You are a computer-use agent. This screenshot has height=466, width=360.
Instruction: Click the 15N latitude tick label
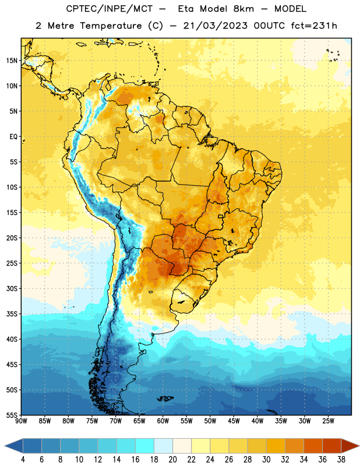click(12, 61)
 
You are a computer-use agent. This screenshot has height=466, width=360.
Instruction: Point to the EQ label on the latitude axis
click(13, 137)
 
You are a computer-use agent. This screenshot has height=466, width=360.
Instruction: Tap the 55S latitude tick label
click(12, 415)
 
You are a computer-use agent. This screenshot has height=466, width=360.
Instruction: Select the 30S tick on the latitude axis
click(12, 288)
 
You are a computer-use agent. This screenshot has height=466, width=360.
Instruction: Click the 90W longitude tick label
click(21, 421)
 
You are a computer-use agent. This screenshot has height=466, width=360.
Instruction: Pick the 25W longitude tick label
click(328, 421)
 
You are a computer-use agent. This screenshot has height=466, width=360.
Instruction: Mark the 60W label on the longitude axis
click(163, 421)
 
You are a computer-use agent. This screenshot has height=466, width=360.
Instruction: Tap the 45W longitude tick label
click(234, 421)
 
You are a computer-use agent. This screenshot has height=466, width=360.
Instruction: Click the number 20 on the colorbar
click(172, 460)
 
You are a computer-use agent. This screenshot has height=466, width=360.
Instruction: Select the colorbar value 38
click(341, 460)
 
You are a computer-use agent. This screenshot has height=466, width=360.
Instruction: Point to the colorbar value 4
click(23, 460)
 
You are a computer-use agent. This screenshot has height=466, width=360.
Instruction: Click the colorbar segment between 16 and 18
click(144, 446)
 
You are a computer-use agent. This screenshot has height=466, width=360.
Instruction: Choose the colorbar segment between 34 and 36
click(313, 446)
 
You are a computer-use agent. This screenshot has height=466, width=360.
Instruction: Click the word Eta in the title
click(186, 9)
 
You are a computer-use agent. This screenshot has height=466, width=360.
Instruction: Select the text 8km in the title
click(243, 9)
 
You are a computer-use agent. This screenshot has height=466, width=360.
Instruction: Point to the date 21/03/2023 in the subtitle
click(215, 26)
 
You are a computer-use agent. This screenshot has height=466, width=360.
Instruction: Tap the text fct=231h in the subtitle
click(314, 26)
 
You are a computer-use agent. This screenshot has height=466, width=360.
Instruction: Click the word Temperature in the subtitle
click(111, 26)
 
